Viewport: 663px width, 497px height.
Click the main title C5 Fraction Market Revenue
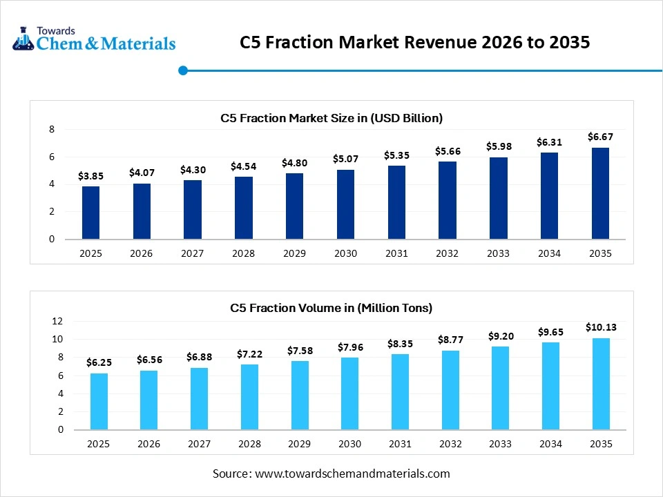pyautogui.click(x=414, y=43)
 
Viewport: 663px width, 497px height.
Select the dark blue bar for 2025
pyautogui.click(x=90, y=213)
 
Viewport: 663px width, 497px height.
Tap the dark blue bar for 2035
pyautogui.click(x=600, y=193)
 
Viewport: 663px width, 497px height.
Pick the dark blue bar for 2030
pyautogui.click(x=345, y=204)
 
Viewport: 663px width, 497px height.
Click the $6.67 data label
pyautogui.click(x=600, y=137)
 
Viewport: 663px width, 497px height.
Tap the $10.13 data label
pyautogui.click(x=600, y=327)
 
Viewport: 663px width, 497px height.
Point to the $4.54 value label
pyautogui.click(x=243, y=166)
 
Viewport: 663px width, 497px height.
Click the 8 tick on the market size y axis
pyautogui.click(x=51, y=129)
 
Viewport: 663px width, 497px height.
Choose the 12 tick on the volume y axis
pyautogui.click(x=57, y=321)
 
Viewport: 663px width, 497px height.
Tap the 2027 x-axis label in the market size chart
pyautogui.click(x=192, y=253)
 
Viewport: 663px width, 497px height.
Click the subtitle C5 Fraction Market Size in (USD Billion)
pyautogui.click(x=331, y=118)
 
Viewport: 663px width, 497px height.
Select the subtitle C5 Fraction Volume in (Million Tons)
pyautogui.click(x=331, y=308)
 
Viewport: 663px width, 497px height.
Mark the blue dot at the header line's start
pyautogui.click(x=183, y=70)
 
